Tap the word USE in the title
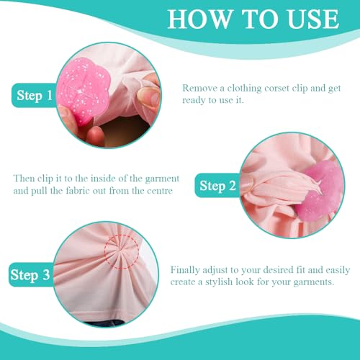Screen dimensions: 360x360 [x=313, y=19]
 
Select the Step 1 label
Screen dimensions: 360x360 [x=35, y=96]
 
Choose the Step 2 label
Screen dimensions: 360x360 [x=217, y=186]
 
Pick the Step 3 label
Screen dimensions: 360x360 [x=30, y=275]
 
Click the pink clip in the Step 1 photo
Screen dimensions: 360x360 [x=83, y=91]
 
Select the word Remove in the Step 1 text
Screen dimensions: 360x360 [x=200, y=88]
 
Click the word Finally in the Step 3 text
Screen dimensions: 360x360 [x=185, y=270]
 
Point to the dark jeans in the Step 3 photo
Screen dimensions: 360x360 [x=106, y=323]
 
